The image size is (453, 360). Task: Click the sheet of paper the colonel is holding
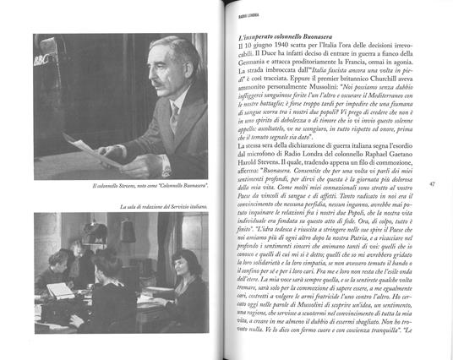pos(93,152)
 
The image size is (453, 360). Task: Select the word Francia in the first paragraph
pos(368,67)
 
